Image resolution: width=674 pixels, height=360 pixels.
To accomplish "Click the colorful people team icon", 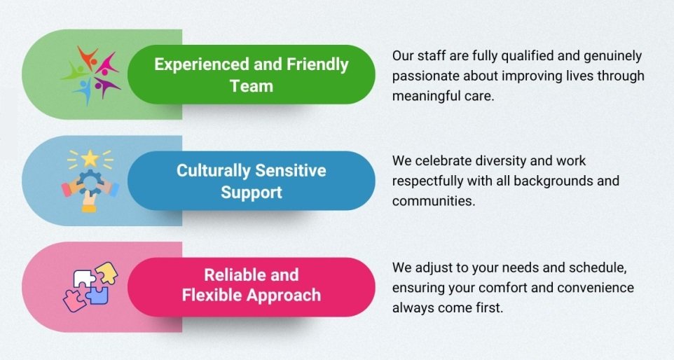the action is pos(90,74).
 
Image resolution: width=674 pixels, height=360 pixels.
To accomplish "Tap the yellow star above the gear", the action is pos(90,158).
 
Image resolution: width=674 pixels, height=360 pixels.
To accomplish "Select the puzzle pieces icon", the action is pos(90,286).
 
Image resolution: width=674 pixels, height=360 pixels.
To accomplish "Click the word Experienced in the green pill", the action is pos(202,64).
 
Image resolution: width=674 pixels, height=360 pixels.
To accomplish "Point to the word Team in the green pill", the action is pos(252,86).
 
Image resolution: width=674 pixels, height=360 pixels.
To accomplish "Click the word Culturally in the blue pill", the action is pos(212,171).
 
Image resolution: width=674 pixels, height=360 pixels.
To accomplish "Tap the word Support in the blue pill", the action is pos(252,192).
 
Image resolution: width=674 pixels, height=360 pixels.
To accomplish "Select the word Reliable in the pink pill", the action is pos(234,275).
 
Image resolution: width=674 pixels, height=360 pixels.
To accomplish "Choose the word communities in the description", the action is pos(434,201).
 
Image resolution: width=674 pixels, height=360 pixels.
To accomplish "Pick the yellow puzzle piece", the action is pos(107,272).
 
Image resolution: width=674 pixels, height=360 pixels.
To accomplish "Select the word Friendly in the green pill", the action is pos(317,65).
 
